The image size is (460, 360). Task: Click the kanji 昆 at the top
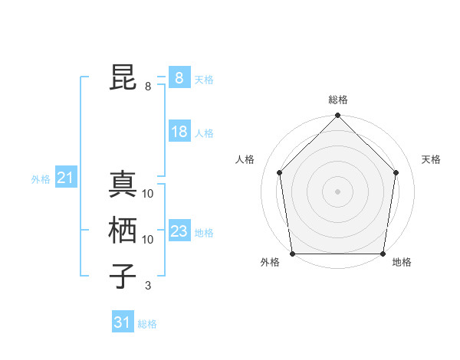coord(123,78)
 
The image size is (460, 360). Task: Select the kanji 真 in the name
coord(123,185)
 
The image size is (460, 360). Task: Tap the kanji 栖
coord(123,231)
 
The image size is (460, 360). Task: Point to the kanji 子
coord(123,277)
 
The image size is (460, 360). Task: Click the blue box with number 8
coord(179,77)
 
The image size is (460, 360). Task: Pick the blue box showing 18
coord(179,132)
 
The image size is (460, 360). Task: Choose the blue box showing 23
coord(179,231)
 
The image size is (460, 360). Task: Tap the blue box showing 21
coord(65,178)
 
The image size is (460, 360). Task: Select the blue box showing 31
coord(123,322)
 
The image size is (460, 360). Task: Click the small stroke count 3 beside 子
coord(147,286)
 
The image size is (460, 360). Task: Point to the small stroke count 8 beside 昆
coord(147,87)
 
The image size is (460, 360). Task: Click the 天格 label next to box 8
coord(204,79)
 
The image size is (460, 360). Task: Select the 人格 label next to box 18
coord(204,133)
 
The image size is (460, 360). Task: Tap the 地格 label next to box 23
coord(204,233)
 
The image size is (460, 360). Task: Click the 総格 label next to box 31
coord(147,324)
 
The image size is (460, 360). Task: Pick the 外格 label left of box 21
coord(41,179)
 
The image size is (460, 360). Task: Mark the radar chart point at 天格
coord(396,172)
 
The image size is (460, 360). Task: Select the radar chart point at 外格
coord(292,254)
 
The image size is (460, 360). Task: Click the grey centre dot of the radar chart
coord(337,191)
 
